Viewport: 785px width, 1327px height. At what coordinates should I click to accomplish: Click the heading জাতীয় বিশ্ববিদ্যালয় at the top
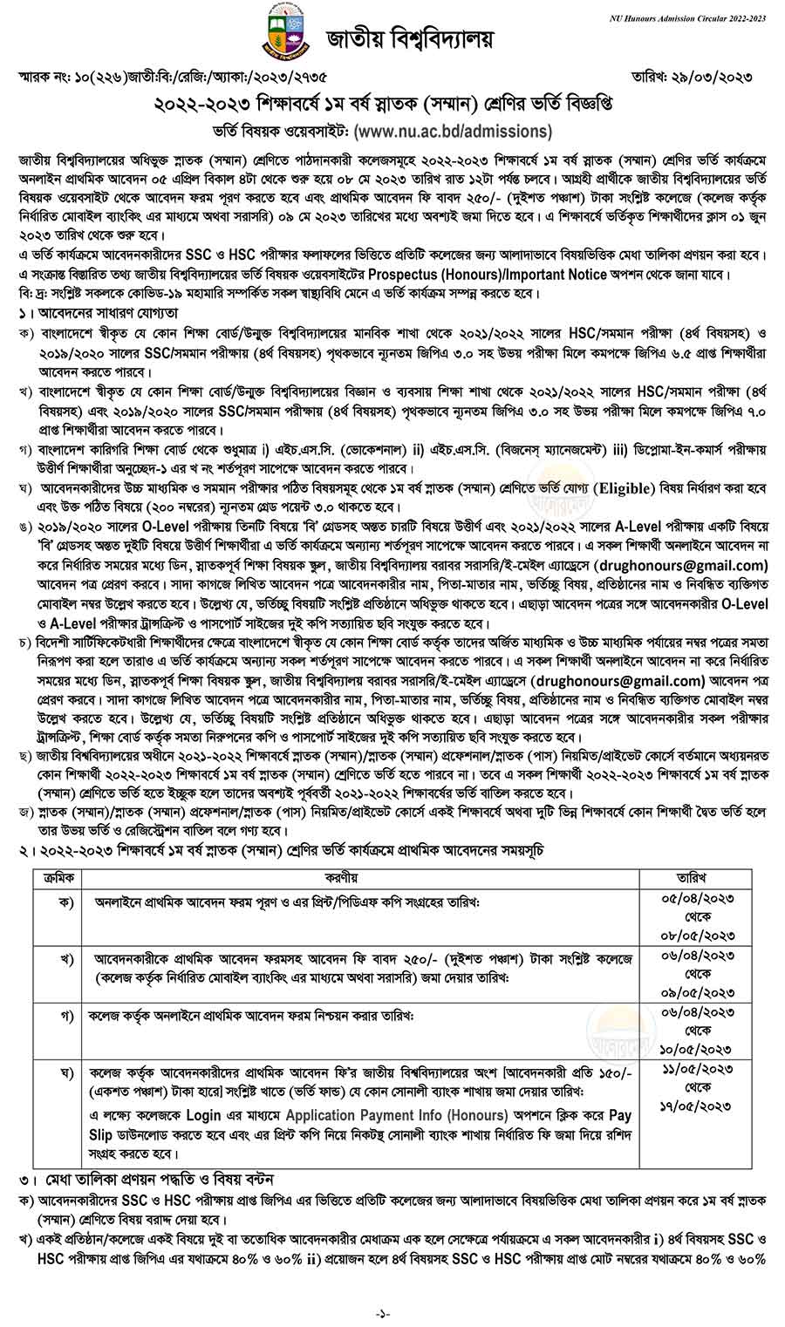410,39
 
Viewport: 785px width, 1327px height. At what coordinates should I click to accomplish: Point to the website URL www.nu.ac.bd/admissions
454,132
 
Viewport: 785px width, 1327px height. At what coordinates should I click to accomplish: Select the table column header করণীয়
357,876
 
